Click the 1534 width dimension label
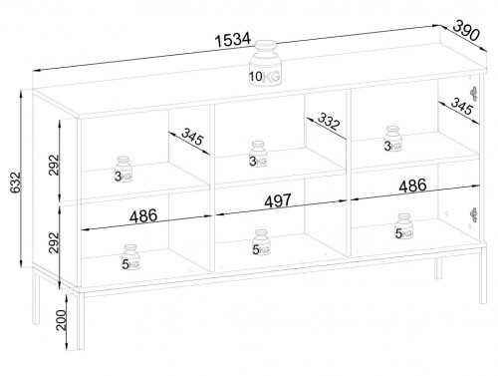233,39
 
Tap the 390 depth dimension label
466,30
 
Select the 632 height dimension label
15,183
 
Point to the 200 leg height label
62,320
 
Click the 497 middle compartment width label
278,200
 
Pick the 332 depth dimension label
329,121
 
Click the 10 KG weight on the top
265,63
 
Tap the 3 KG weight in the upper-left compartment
124,170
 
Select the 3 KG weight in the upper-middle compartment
258,154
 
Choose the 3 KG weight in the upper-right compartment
392,139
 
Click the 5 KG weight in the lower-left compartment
130,257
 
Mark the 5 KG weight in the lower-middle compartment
261,242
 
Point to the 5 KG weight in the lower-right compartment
403,226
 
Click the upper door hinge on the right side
474,94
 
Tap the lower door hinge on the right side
474,214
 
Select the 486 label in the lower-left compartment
143,216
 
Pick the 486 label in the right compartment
412,186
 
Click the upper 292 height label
54,165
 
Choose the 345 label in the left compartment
192,137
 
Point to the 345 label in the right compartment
462,106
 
